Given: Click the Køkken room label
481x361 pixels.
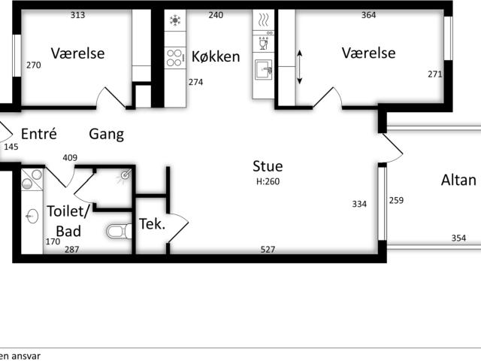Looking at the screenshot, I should point(216,57).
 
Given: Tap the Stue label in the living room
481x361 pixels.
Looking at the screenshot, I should point(268,166).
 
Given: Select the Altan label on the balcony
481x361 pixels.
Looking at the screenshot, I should point(458,180).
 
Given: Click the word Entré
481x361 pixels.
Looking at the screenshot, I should point(39,135).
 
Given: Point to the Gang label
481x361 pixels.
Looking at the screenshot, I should point(107,135).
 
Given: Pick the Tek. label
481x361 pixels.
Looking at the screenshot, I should point(152,224).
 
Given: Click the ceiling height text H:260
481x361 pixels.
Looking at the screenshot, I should point(268,181).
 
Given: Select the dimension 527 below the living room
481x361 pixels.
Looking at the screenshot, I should point(268,249).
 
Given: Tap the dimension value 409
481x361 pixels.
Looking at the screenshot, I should point(70,158).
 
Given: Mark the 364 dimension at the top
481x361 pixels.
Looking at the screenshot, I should point(368,15).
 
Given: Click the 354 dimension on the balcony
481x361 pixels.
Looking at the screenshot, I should point(458,238).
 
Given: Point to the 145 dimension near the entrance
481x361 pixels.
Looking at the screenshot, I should point(11,147).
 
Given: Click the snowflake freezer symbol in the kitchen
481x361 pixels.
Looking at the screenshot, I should point(175,20).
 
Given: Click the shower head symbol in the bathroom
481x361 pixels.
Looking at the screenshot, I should point(125,176).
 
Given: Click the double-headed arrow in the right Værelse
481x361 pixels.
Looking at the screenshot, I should point(300,68).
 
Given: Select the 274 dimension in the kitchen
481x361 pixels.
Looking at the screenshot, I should point(195,82).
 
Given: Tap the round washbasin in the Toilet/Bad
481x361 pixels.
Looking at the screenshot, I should point(32,217).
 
